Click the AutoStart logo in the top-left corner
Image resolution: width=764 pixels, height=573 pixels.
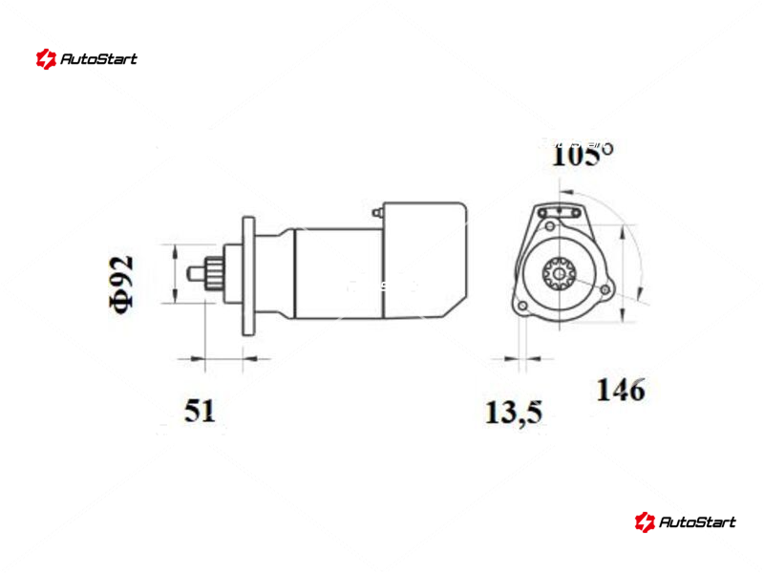pyautogui.click(x=87, y=59)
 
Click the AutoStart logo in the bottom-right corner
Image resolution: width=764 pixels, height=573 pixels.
pyautogui.click(x=685, y=521)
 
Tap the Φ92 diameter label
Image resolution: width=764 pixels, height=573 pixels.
pyautogui.click(x=121, y=285)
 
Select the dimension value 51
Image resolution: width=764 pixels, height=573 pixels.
pyautogui.click(x=200, y=411)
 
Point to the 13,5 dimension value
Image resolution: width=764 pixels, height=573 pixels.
pyautogui.click(x=514, y=414)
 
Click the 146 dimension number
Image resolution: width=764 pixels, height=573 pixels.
pyautogui.click(x=622, y=390)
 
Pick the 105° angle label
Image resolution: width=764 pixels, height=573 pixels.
pyautogui.click(x=583, y=155)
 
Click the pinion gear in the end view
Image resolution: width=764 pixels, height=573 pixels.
pyautogui.click(x=560, y=274)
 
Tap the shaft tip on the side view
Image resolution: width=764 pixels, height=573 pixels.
pyautogui.click(x=195, y=273)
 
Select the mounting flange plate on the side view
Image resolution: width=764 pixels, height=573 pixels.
pyautogui.click(x=248, y=276)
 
